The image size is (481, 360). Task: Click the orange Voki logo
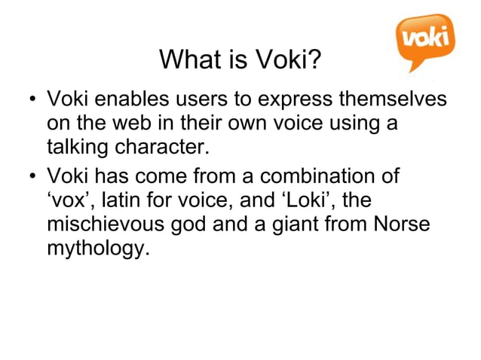pos(425,38)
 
